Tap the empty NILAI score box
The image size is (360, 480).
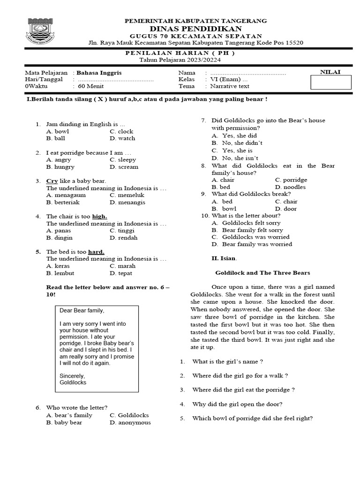pos(331,82)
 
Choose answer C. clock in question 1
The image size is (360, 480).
pos(121,132)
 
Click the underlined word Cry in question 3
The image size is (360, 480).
pos(52,181)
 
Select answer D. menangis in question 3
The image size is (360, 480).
pos(127,202)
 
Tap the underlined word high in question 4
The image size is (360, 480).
pos(99,217)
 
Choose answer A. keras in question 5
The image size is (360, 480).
pos(58,266)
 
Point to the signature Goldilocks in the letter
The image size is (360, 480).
pos(73,382)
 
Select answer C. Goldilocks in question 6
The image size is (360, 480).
pos(129,415)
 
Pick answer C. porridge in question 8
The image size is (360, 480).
pos(291,180)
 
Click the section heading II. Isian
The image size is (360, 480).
pos(225,258)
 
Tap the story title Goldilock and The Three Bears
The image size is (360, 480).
pos(262,273)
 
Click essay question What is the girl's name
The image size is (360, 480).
pos(227,361)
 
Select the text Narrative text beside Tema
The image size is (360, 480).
pos(230,86)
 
